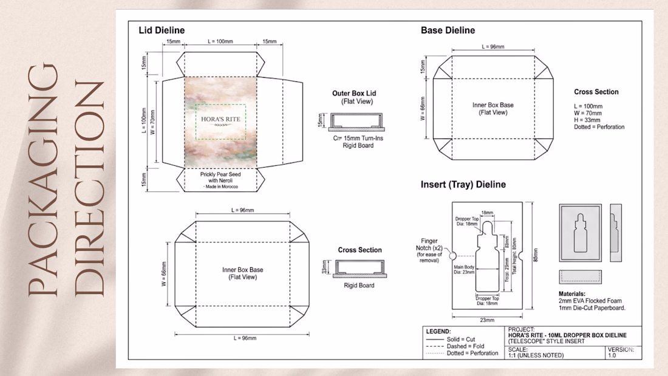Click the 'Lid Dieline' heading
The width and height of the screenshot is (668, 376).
click(x=162, y=30)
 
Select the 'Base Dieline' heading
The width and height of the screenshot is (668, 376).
click(x=448, y=30)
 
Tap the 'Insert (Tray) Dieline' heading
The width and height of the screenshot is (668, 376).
click(x=463, y=184)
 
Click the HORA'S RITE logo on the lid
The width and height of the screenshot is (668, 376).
click(x=220, y=119)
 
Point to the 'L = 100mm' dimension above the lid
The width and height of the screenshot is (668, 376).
click(x=220, y=41)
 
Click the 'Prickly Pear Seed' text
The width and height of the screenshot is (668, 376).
click(x=220, y=174)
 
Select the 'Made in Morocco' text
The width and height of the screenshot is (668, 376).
click(x=220, y=186)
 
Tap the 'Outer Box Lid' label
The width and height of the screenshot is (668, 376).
click(x=354, y=93)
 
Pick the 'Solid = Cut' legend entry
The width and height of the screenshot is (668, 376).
click(x=462, y=339)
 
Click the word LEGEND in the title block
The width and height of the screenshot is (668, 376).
click(x=438, y=332)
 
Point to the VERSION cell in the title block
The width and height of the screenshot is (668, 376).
click(x=621, y=350)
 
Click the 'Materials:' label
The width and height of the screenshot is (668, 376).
click(x=573, y=293)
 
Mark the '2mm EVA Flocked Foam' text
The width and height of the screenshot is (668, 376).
click(x=590, y=300)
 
